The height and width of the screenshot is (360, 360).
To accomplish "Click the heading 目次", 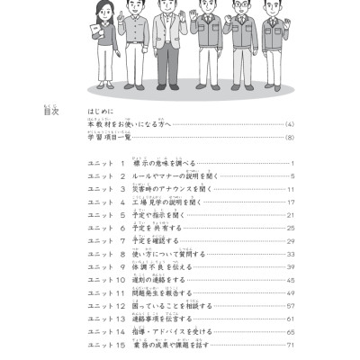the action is [x=51, y=112].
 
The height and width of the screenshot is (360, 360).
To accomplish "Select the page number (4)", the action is [x=289, y=124].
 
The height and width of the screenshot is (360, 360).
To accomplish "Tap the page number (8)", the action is [x=289, y=138].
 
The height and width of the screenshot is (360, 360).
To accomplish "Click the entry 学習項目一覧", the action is [x=109, y=138].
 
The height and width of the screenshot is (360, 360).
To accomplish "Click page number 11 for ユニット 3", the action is [x=291, y=190].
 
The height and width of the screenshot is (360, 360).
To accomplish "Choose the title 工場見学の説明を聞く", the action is [x=171, y=202].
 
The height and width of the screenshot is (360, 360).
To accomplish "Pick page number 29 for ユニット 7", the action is [x=291, y=241].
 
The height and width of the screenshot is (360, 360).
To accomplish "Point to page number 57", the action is [x=291, y=306].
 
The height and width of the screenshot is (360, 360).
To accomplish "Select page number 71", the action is [x=291, y=345].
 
